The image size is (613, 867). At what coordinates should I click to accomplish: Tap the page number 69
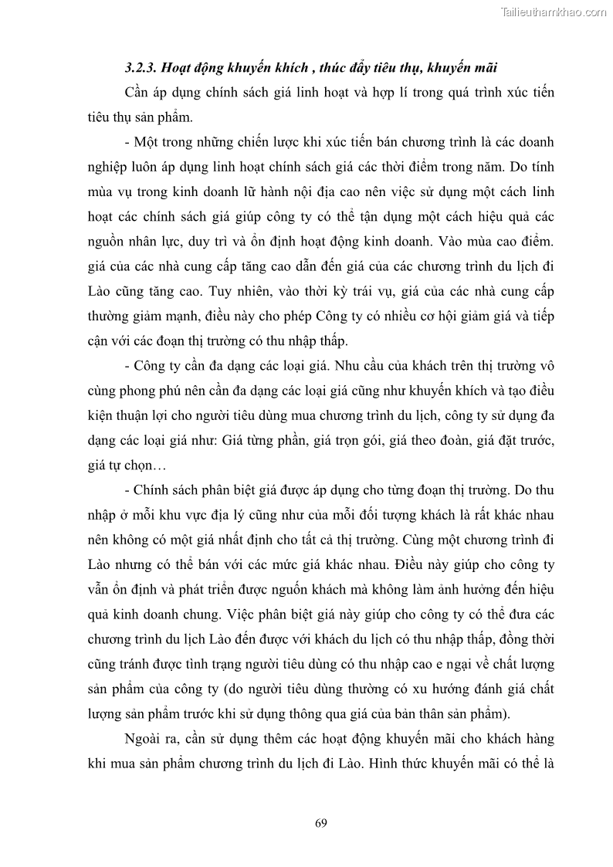pos(321,822)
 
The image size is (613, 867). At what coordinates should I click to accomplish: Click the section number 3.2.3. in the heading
pos(142,68)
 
